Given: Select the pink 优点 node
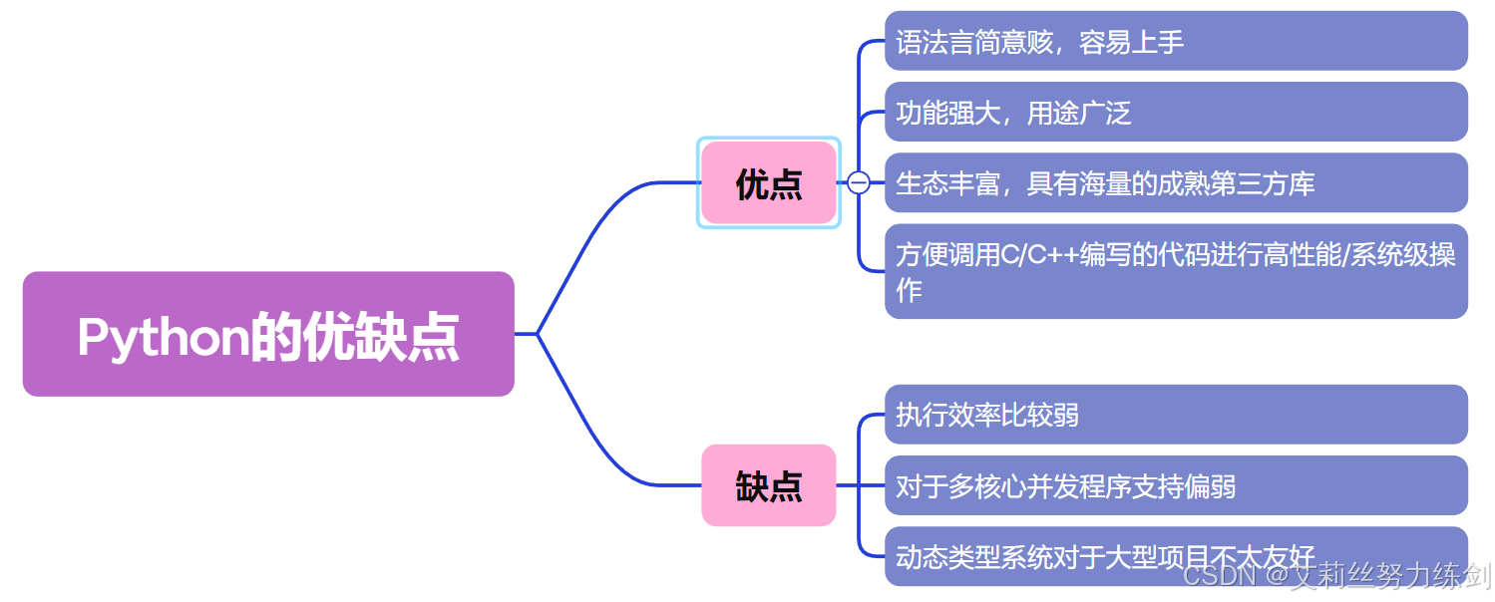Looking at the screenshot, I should tap(768, 183).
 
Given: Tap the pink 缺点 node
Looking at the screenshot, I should tap(768, 485).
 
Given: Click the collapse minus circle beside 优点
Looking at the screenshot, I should tap(858, 182).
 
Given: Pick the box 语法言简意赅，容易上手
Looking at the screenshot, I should tap(1175, 42).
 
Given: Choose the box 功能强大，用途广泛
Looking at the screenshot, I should tap(1175, 113).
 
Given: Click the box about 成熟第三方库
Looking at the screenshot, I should tap(1175, 183).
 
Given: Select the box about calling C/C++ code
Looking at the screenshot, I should tap(1175, 271).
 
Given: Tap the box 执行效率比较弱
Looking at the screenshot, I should tap(1175, 415).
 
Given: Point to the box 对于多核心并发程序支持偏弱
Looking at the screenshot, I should tap(1175, 485).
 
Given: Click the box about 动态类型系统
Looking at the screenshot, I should tap(1175, 555).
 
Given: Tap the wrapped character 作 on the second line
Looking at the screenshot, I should tap(909, 290).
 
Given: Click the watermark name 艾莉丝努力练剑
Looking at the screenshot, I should tap(1391, 576).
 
